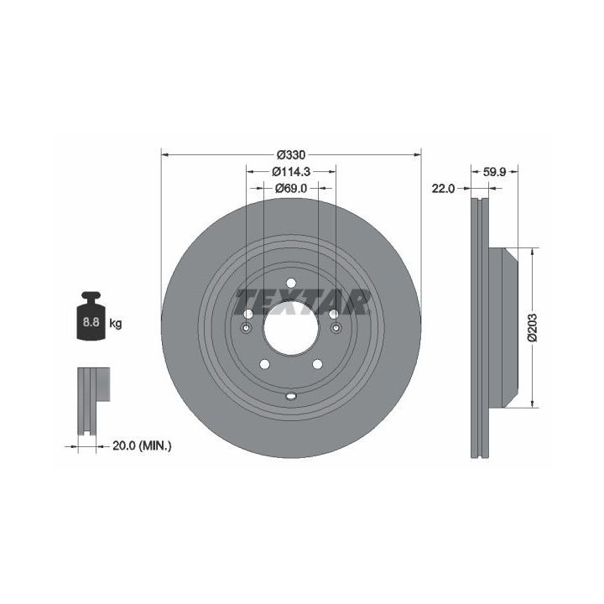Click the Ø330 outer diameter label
(x=291, y=155)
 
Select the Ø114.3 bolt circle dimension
(x=291, y=171)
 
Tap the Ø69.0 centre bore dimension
(x=291, y=189)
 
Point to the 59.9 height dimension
(x=494, y=172)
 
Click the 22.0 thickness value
(x=443, y=189)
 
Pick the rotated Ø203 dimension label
(x=533, y=327)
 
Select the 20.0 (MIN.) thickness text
(x=142, y=446)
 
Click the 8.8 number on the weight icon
(x=91, y=321)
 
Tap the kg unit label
(x=116, y=323)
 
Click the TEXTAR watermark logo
(x=304, y=302)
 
